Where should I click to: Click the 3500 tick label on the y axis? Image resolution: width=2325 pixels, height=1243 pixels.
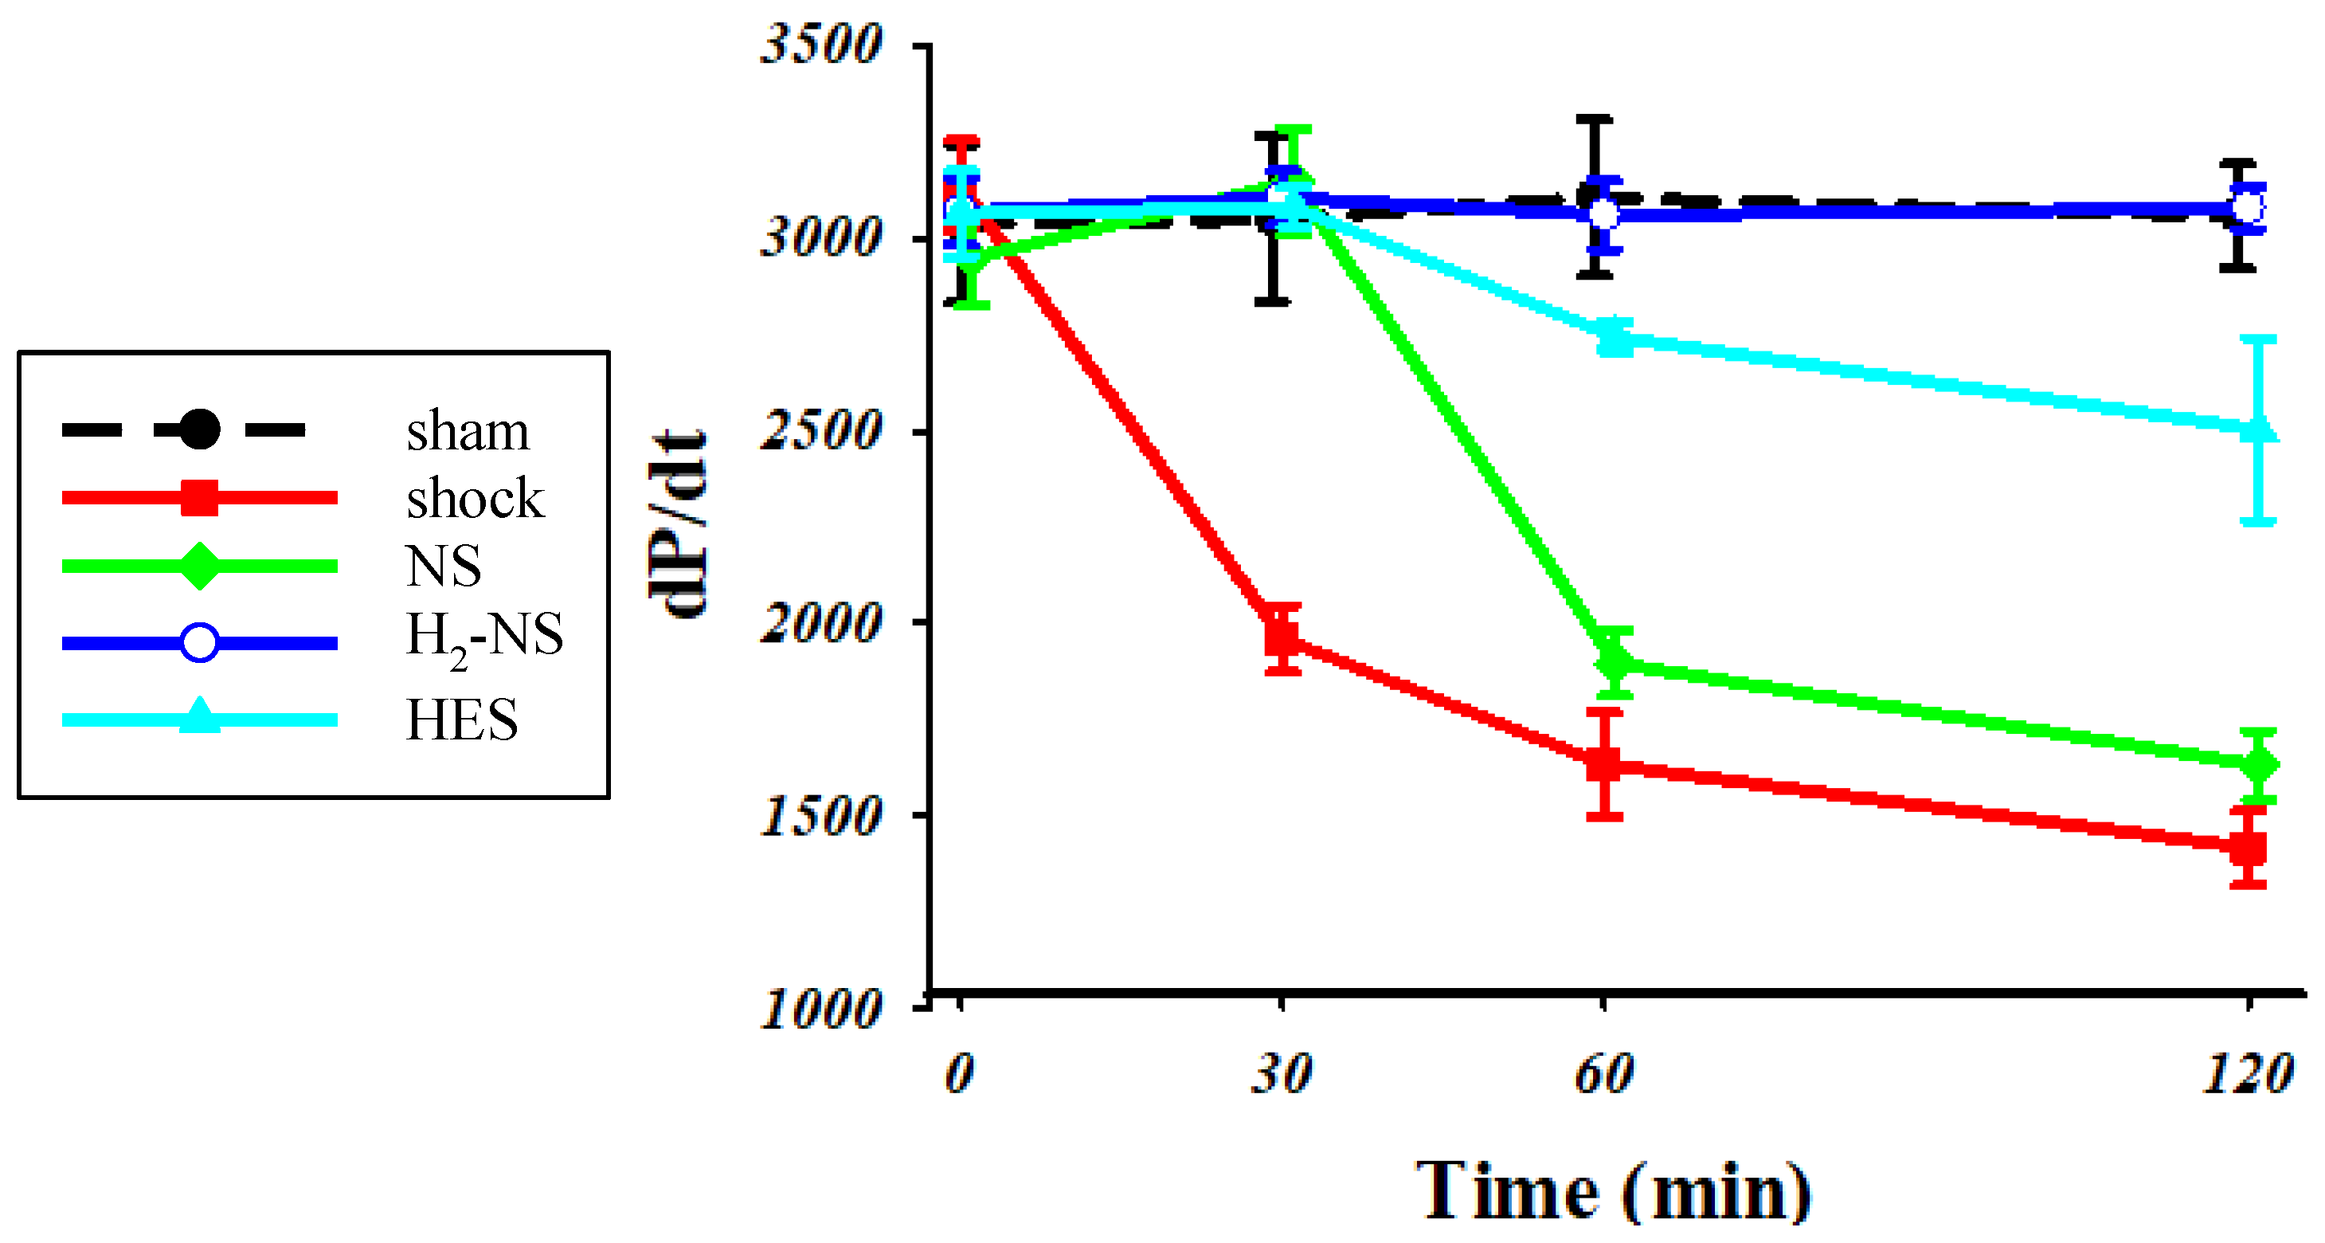pyautogui.click(x=820, y=45)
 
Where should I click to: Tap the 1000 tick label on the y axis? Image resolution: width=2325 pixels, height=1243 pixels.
pyautogui.click(x=820, y=1008)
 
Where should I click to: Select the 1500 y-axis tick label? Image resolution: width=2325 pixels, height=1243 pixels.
pyautogui.click(x=820, y=816)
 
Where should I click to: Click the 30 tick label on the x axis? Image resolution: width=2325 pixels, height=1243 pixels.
pyautogui.click(x=1281, y=1074)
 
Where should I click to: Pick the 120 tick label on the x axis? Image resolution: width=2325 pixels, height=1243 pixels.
pyautogui.click(x=2248, y=1074)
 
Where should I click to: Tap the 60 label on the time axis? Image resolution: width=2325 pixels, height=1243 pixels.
pyautogui.click(x=1604, y=1074)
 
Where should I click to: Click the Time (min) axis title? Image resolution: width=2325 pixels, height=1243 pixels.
pyautogui.click(x=1613, y=1191)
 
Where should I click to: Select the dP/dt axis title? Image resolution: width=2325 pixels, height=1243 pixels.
pyautogui.click(x=677, y=523)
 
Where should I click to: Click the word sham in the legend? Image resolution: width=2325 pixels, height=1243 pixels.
pyautogui.click(x=468, y=432)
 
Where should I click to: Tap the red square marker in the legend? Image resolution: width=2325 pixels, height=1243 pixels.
pyautogui.click(x=199, y=497)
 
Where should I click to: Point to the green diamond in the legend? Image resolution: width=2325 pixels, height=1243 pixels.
pyautogui.click(x=199, y=567)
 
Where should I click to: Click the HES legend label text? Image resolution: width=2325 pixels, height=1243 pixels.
pyautogui.click(x=462, y=720)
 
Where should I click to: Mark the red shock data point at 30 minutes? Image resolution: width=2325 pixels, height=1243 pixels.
pyautogui.click(x=1282, y=638)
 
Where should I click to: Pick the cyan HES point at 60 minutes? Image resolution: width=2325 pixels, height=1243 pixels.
pyautogui.click(x=1615, y=339)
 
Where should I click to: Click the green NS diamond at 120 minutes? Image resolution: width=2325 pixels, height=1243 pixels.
pyautogui.click(x=2258, y=766)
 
